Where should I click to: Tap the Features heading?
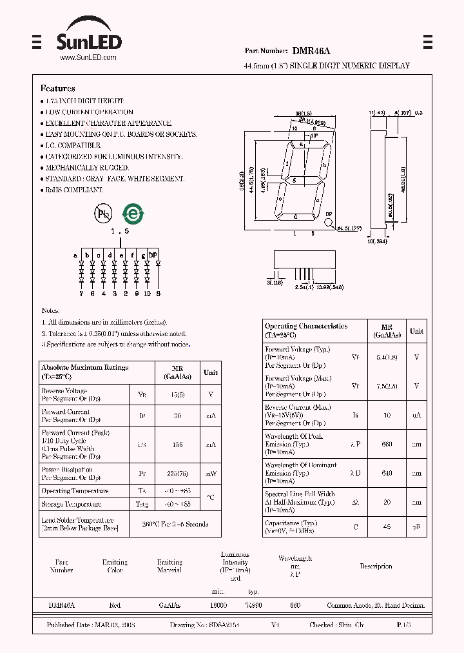pos(57,88)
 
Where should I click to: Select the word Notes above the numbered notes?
pos(50,311)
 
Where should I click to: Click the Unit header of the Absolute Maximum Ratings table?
pos(211,372)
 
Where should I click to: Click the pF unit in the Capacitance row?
pos(417,527)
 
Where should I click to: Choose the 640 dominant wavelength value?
pos(387,473)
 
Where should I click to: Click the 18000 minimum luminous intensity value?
pos(219,606)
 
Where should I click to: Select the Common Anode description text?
pos(376,606)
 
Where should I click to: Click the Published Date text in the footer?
pos(91,625)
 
